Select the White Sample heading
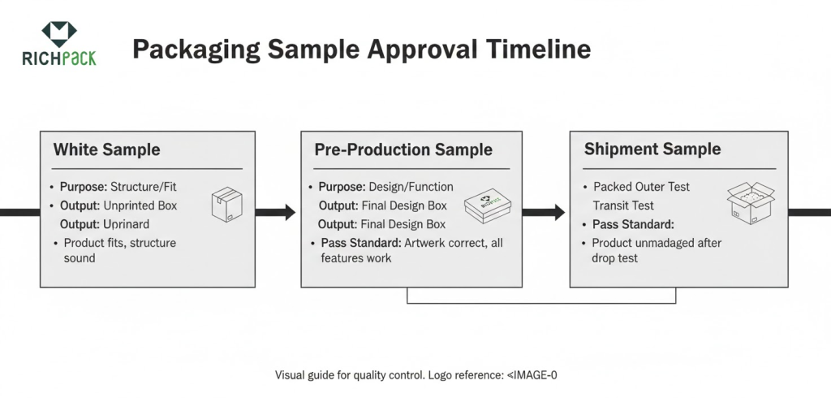tap(106, 149)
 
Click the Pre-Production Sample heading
tap(403, 149)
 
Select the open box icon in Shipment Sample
tap(750, 204)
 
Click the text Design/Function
tap(411, 187)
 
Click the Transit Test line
tap(622, 205)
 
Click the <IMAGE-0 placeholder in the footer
tap(532, 375)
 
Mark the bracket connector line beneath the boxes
tap(541, 303)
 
